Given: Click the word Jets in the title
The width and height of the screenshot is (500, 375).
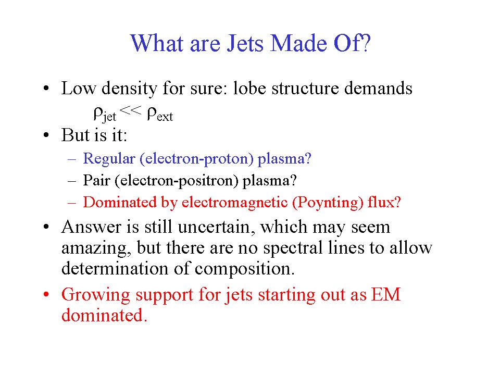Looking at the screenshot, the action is [245, 43].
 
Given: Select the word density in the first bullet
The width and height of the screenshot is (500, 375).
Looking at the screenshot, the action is [129, 89].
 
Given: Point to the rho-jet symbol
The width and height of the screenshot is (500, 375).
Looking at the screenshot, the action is [105, 115].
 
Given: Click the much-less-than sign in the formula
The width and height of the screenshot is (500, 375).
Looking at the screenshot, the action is [130, 110].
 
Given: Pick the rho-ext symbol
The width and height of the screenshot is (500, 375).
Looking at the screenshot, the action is [160, 115].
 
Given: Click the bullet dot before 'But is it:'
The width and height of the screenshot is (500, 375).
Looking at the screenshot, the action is [46, 135].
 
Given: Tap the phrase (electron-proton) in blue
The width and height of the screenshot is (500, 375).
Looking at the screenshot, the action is [196, 159].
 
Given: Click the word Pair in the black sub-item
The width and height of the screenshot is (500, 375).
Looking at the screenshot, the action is [96, 181].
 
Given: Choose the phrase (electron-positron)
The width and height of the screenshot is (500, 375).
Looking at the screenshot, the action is [177, 181].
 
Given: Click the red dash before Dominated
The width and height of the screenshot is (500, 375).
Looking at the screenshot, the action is [72, 203].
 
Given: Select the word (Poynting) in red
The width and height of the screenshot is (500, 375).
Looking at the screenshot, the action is [328, 203].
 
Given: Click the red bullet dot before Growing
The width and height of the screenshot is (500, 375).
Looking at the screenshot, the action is [46, 294].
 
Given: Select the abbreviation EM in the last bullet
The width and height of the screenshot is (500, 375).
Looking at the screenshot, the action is [385, 294].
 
